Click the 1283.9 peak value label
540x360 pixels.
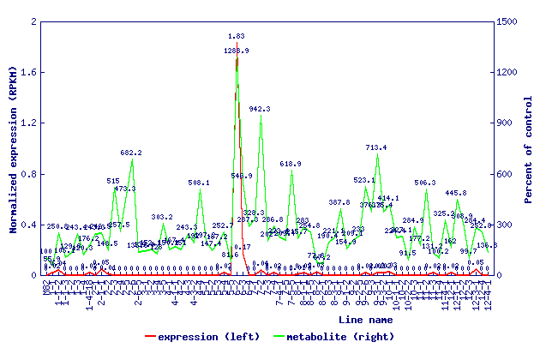[237, 51]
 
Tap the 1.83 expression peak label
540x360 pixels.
[237, 36]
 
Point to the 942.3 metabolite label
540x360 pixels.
[261, 109]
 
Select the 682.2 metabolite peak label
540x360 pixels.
[131, 153]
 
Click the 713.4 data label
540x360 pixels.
[376, 147]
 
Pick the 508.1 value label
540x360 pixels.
[199, 183]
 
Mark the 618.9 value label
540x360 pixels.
[291, 164]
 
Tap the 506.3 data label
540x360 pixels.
[425, 183]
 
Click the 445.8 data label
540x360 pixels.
[456, 193]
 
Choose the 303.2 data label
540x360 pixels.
[163, 217]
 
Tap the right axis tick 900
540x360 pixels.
[506, 123]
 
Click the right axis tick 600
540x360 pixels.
[506, 174]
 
